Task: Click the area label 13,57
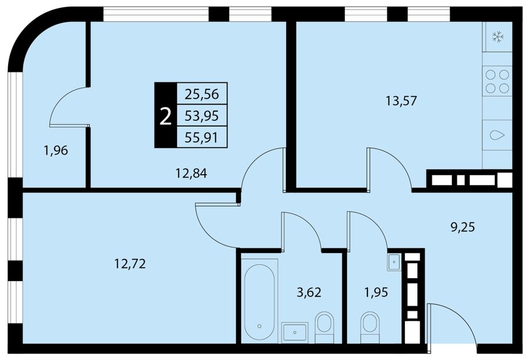point(401,101)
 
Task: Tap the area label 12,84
point(191,174)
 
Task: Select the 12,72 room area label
point(130,264)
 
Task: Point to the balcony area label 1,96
point(56,150)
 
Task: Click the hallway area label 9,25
point(463,227)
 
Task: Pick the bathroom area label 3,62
point(309,292)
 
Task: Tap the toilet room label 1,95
point(376,292)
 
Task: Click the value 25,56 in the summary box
point(202,94)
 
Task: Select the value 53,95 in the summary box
point(202,116)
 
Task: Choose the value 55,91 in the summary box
point(202,138)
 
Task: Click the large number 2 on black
point(165,116)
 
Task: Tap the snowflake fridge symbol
point(497,36)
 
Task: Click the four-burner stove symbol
point(497,81)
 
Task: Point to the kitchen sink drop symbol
point(497,136)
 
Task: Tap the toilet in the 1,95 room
point(370,327)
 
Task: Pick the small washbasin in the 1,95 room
point(394,262)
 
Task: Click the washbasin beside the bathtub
point(295,332)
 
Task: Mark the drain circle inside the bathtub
point(259,326)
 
